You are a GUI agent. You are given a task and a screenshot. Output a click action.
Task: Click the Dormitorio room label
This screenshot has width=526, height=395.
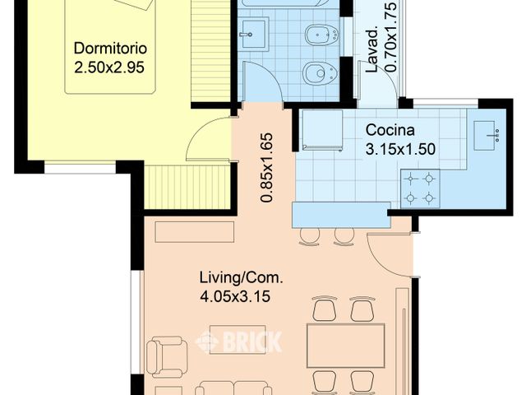pos(110,49)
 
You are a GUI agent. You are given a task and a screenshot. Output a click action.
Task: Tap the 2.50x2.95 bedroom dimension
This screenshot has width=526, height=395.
pos(109,67)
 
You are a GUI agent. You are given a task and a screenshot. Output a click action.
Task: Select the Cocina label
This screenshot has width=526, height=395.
pos(390,130)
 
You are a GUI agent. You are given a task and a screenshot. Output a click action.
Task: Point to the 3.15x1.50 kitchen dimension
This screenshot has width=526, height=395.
pos(400,149)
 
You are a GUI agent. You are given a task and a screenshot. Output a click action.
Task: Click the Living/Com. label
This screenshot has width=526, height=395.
pos(241,278)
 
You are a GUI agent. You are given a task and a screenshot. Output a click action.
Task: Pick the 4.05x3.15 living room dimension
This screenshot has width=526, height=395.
pos(235,296)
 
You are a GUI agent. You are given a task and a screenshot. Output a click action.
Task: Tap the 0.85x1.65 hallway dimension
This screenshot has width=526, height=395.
pos(266,168)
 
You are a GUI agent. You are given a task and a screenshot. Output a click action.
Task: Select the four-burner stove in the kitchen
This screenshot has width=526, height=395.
pos(420,188)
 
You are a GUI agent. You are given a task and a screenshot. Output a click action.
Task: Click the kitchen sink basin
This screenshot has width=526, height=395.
pos(484,135)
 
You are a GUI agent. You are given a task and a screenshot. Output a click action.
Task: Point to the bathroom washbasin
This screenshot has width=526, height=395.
pos(255,34)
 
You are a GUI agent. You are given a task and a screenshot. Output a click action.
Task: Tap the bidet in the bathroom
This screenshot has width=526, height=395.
pos(321,35)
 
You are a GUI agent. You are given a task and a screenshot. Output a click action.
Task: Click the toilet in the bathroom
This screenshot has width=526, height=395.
pos(320,73)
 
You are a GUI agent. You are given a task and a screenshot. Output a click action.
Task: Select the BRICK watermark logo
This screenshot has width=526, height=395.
pos(238,342)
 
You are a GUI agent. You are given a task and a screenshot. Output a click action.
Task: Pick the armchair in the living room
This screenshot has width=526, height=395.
pos(167,356)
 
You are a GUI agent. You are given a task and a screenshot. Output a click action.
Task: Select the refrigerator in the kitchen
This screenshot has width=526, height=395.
pos(322,130)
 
